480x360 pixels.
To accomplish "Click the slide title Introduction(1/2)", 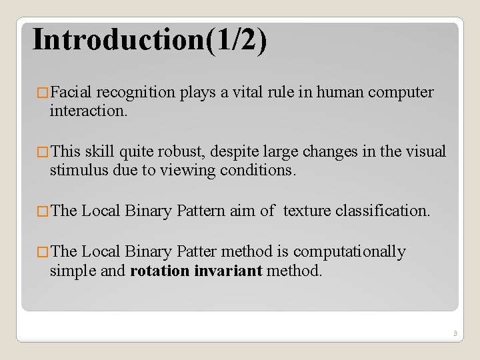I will pyautogui.click(x=150, y=39).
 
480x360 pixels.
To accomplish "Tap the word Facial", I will pyautogui.click(x=73, y=93).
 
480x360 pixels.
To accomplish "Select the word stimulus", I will pyautogui.click(x=75, y=171).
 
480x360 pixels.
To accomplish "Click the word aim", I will pyautogui.click(x=242, y=211).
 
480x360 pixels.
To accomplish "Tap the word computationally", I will pyautogui.click(x=349, y=252).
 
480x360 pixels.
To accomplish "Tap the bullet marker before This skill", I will pyautogui.click(x=43, y=153).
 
